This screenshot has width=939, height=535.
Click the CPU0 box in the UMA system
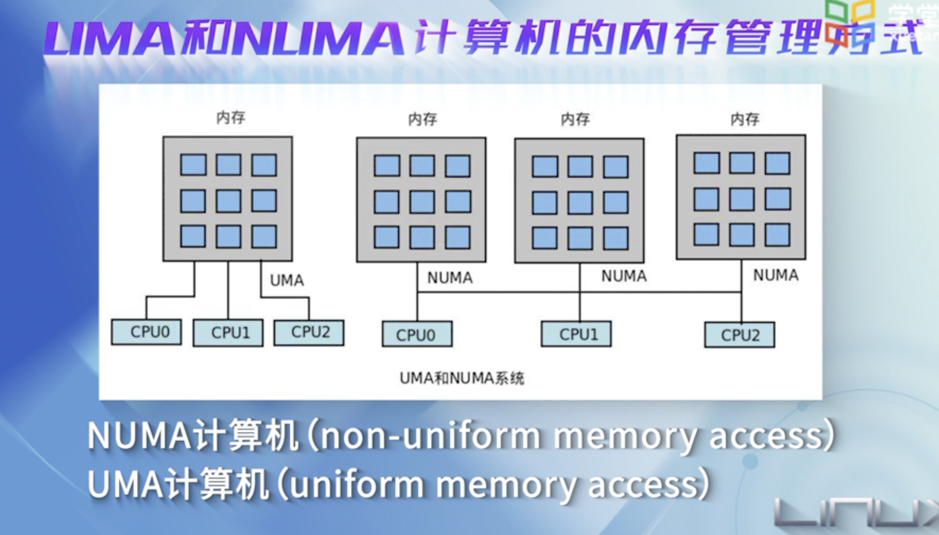click(146, 332)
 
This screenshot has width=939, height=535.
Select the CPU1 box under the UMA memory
click(228, 333)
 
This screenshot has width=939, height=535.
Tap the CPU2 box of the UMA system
click(309, 332)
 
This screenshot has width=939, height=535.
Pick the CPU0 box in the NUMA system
click(417, 334)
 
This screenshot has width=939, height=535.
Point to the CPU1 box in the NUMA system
click(577, 334)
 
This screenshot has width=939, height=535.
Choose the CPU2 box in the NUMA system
click(740, 335)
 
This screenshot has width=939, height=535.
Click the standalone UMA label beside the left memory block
click(287, 281)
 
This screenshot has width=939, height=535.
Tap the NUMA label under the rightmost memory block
click(776, 275)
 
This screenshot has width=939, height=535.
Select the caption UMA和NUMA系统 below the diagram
click(462, 378)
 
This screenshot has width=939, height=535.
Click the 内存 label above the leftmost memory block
click(231, 117)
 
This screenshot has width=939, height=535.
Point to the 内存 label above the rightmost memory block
click(745, 119)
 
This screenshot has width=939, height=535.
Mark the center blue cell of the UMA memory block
click(228, 201)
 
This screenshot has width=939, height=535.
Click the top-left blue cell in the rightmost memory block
click(706, 163)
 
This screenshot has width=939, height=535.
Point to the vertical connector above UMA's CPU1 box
click(228, 290)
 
